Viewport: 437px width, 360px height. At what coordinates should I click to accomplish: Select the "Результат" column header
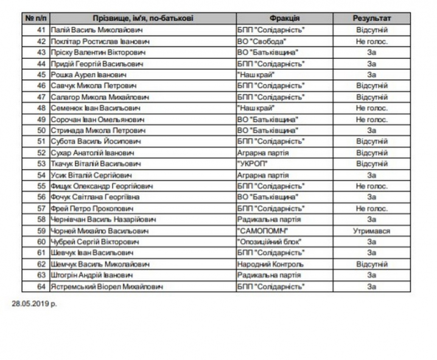(371, 18)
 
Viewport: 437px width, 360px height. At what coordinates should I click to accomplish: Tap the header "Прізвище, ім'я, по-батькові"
(144, 18)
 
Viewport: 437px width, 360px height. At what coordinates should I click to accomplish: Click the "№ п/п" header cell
(36, 18)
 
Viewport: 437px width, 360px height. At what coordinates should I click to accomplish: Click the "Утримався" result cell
(371, 231)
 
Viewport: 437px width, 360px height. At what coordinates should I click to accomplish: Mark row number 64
(41, 286)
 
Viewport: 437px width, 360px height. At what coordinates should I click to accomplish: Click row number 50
(41, 130)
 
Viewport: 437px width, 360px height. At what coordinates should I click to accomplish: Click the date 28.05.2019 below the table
(34, 302)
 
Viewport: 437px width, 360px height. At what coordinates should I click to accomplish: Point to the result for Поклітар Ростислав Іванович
(371, 41)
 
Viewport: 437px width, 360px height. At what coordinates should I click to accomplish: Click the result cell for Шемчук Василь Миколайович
(371, 265)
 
